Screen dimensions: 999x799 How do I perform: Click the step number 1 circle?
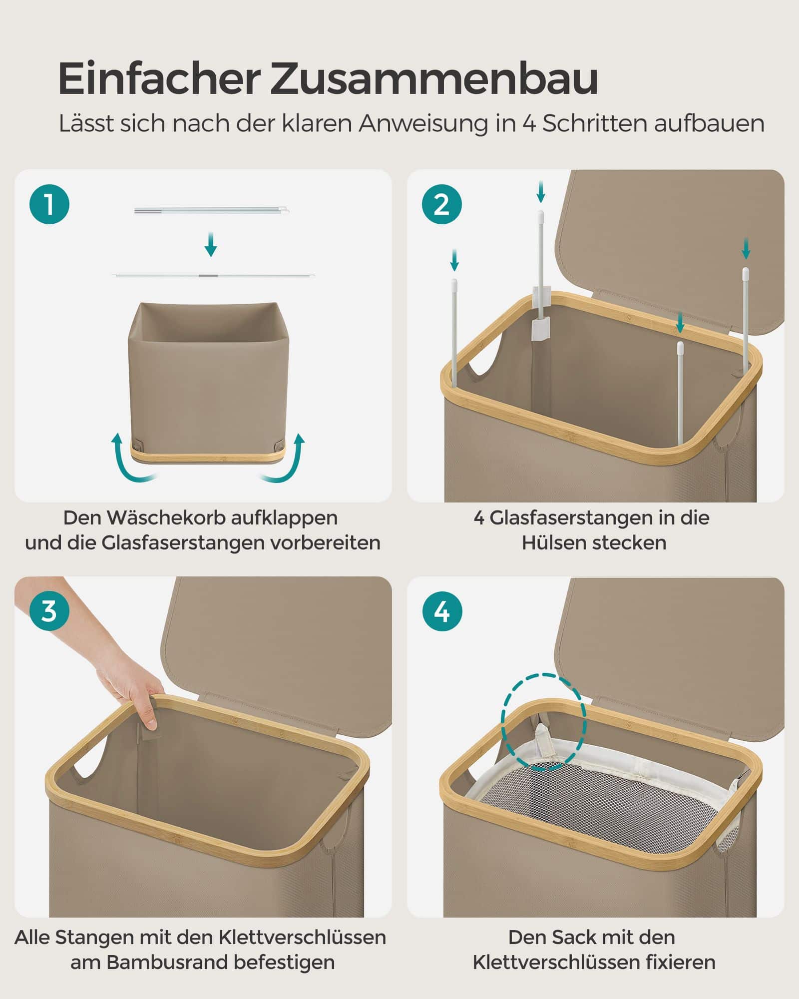tap(49, 204)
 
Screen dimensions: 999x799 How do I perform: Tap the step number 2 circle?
tap(441, 204)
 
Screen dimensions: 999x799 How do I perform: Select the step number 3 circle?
tap(49, 611)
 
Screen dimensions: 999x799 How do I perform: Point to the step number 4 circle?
tap(441, 611)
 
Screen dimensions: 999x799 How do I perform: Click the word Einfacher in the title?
tap(159, 79)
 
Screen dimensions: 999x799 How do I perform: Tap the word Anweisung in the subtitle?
tap(422, 124)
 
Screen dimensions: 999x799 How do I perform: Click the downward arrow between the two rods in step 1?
tap(211, 244)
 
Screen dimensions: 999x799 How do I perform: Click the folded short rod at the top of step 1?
tap(212, 211)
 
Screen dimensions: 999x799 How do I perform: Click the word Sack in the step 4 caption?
tap(560, 938)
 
